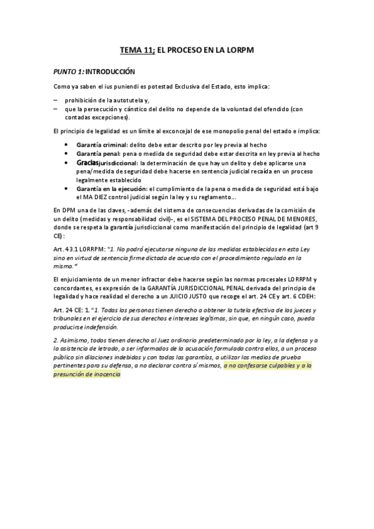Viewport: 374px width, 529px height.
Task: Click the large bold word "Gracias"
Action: pyautogui.click(x=89, y=162)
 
